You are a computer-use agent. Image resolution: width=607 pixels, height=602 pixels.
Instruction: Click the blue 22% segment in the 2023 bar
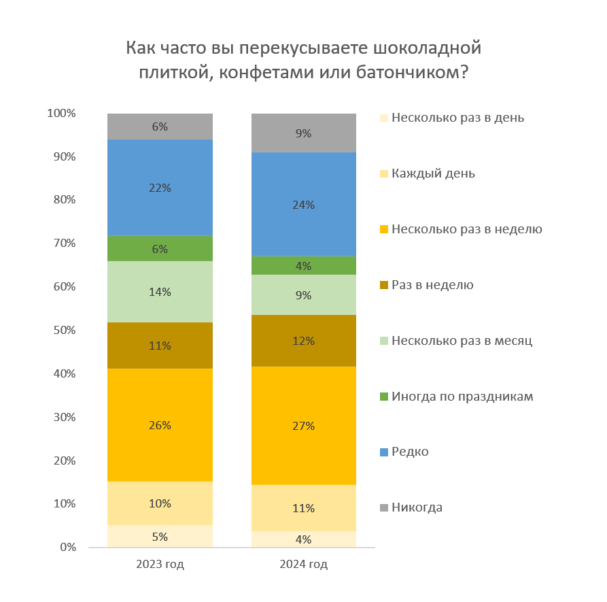coord(160,188)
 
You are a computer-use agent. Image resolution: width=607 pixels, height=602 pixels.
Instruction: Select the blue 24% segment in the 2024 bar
coord(304,204)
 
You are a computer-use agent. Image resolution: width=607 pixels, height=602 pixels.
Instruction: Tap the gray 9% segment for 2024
coord(304,133)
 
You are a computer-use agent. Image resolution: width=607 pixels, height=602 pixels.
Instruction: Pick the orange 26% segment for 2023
coord(160,424)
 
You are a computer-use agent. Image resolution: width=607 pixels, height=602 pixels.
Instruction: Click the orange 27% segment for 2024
coord(304,426)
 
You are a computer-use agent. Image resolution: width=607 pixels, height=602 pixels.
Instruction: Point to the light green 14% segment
coord(160,292)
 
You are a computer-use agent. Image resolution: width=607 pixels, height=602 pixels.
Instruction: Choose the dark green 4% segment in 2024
coord(304,265)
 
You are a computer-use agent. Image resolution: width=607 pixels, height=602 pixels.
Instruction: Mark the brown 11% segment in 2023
coord(160,345)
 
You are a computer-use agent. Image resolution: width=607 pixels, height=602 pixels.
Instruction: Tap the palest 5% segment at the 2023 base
coord(160,536)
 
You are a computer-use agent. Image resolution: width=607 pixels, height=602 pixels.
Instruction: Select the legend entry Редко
coord(409,452)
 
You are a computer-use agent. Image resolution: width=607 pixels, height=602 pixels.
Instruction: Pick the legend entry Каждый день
coord(432,173)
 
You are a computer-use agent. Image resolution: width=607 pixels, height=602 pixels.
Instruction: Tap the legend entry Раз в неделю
coord(432,285)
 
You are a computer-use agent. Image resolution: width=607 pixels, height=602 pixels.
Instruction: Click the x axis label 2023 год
coord(160,565)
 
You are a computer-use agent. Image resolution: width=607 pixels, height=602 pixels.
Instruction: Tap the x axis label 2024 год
coord(304,565)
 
